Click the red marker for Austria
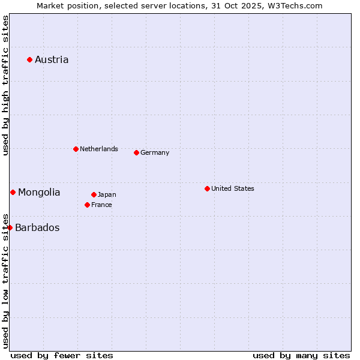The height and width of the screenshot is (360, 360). [x=29, y=59]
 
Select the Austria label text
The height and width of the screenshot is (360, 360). [x=52, y=59]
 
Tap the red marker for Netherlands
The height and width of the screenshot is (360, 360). [x=76, y=149]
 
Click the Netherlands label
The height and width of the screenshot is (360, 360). [x=99, y=149]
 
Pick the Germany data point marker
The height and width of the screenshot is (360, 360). [x=136, y=152]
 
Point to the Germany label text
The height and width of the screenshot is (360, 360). [x=155, y=152]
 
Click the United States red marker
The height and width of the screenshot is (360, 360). [x=207, y=188]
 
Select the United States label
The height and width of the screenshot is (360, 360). [x=233, y=188]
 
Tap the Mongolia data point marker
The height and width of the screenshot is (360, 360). [x=13, y=192]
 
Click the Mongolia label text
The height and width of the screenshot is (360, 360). [x=39, y=192]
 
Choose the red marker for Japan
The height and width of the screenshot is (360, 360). [x=94, y=194]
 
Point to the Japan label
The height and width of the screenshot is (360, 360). [x=107, y=194]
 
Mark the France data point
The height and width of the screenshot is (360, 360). [x=87, y=205]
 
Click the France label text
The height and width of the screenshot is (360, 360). [x=101, y=205]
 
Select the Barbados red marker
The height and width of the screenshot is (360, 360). [x=10, y=227]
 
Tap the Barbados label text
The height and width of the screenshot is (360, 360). [x=37, y=227]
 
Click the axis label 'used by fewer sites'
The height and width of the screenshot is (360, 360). [x=62, y=355]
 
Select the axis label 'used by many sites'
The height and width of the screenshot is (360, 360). [x=301, y=355]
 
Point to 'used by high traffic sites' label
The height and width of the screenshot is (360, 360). [x=5, y=85]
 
